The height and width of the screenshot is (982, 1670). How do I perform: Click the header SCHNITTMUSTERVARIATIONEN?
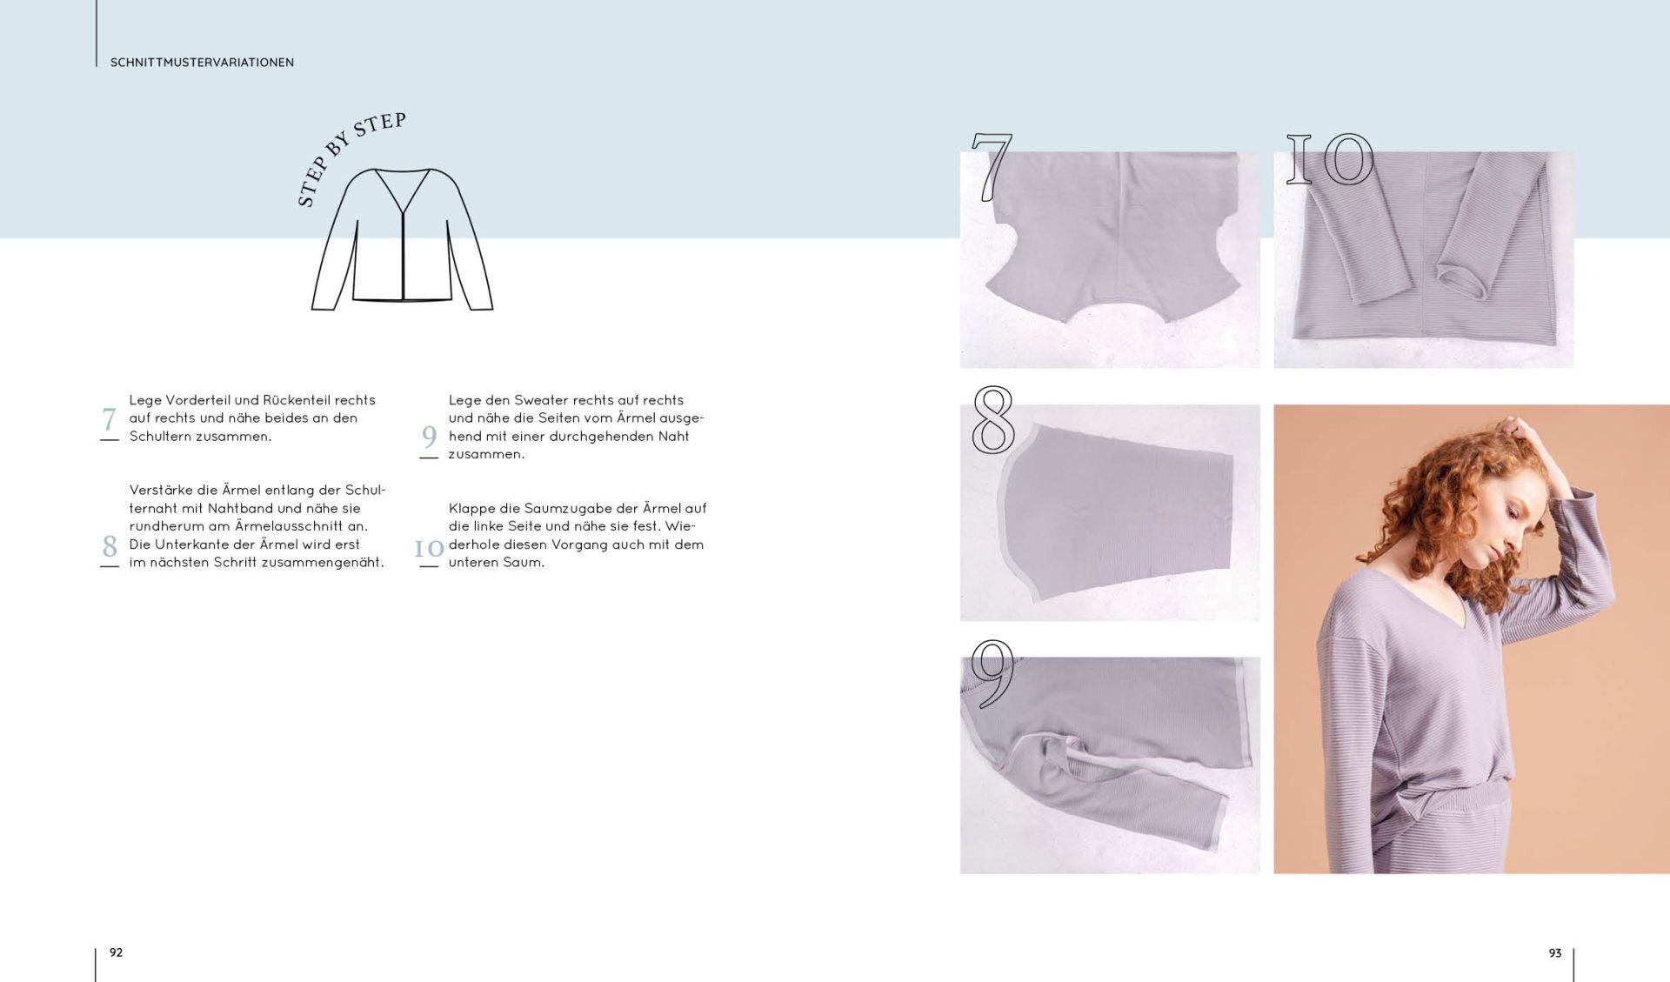point(202,63)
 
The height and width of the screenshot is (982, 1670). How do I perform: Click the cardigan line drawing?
point(402,239)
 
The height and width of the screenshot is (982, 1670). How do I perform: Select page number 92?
point(116,952)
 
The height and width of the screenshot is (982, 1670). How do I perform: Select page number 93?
point(1555,953)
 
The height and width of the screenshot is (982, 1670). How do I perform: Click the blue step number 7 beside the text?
point(109,419)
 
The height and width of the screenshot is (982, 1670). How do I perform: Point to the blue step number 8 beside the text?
point(110,546)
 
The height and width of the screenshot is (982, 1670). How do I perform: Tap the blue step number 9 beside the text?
point(429,436)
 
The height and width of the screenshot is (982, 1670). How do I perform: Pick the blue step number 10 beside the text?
point(429,548)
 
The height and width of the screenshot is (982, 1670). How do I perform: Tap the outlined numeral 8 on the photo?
point(993,419)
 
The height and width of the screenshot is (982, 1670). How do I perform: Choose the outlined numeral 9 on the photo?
point(992,671)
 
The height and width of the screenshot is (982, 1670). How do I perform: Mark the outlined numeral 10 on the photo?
point(1330,159)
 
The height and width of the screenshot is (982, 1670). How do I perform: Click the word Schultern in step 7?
point(160,436)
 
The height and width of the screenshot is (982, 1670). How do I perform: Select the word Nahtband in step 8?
point(240,508)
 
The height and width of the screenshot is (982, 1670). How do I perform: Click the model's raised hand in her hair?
point(1522,431)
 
